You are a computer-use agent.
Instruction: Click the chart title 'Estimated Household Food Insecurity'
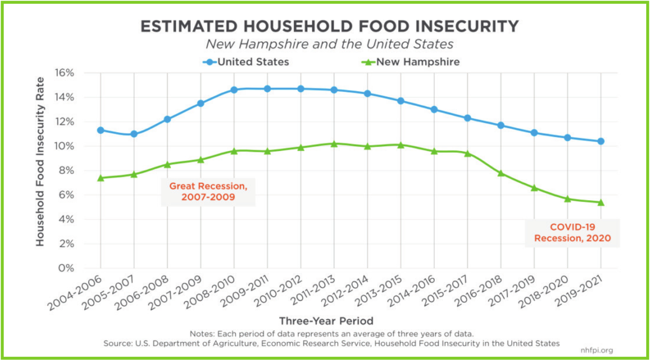click(x=330, y=26)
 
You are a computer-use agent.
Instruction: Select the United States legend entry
click(x=246, y=62)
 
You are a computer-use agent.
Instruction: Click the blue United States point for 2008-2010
click(x=234, y=90)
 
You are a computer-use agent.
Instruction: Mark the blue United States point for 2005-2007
click(x=134, y=134)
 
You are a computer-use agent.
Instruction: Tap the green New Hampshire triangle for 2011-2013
click(x=334, y=143)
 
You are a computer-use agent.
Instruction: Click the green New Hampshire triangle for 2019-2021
click(x=601, y=202)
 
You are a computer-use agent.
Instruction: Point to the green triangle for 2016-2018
click(x=501, y=173)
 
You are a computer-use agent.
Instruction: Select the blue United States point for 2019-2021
click(x=601, y=141)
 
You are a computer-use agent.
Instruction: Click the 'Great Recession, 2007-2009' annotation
click(x=208, y=192)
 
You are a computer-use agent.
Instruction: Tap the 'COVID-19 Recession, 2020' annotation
click(x=573, y=232)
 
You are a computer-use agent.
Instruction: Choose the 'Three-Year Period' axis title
click(x=326, y=321)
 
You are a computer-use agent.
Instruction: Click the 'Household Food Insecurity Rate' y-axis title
click(x=40, y=161)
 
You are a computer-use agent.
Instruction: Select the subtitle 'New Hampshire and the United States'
click(x=330, y=44)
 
